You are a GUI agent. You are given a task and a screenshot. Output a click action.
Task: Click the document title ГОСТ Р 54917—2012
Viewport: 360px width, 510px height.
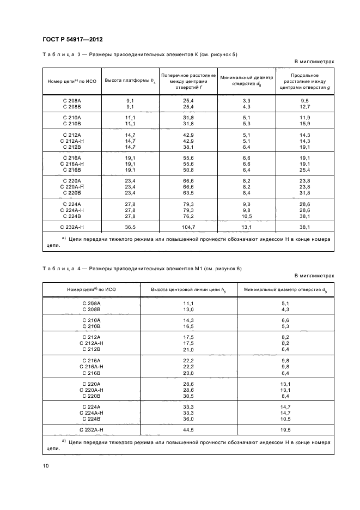72,40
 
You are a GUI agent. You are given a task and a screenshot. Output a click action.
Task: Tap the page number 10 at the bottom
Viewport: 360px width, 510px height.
45,465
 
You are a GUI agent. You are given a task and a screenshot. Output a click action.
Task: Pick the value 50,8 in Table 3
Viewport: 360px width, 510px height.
189,169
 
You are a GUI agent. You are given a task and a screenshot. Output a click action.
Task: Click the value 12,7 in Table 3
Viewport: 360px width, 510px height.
305,107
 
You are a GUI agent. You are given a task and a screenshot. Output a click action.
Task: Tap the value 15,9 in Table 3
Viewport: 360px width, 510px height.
305,124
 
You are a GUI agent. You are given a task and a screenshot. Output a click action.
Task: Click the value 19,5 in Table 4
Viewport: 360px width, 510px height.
285,429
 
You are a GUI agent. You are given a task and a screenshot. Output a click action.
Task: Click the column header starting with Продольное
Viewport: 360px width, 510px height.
305,81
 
